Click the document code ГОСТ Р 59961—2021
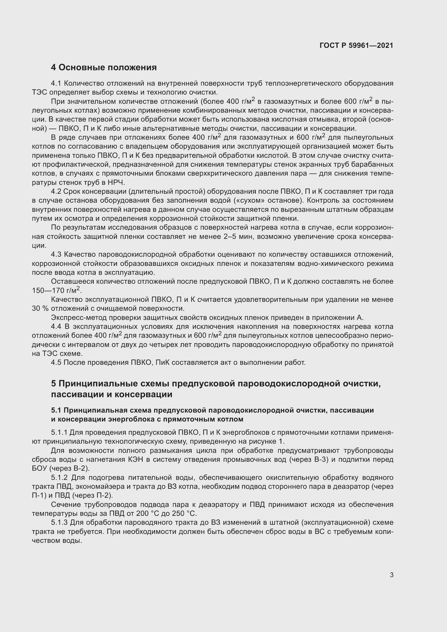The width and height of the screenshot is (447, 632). pos(356,46)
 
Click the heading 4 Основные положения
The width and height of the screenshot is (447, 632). pos(104,68)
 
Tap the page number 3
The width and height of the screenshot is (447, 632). pos(391,575)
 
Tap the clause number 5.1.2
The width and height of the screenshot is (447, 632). pos(59,477)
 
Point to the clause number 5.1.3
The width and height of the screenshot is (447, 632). pos(59,522)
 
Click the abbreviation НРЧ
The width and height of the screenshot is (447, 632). pos(116,182)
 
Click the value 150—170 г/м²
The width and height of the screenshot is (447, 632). pos(57,290)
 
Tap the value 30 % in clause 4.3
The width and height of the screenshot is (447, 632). pos(40,308)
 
